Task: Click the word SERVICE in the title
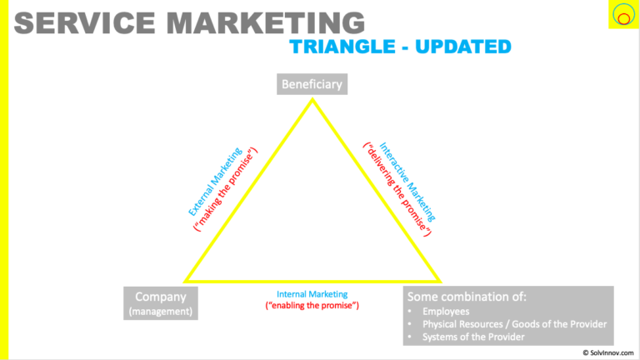[84, 22]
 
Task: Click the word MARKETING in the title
[266, 22]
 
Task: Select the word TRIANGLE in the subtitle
[342, 47]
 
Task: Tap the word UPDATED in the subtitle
[463, 47]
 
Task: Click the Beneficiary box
[312, 84]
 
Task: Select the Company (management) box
[161, 303]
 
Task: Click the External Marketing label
[215, 181]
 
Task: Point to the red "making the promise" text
[226, 189]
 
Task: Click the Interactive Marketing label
[407, 182]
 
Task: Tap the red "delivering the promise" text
[397, 189]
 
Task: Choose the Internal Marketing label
[312, 294]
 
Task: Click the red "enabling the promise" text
[312, 305]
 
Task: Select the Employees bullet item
[446, 312]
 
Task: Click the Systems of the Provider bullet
[473, 337]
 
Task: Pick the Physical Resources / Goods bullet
[514, 324]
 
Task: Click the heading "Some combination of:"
[467, 297]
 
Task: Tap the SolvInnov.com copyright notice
[608, 352]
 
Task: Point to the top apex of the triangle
[312, 99]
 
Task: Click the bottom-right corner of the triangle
[440, 281]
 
